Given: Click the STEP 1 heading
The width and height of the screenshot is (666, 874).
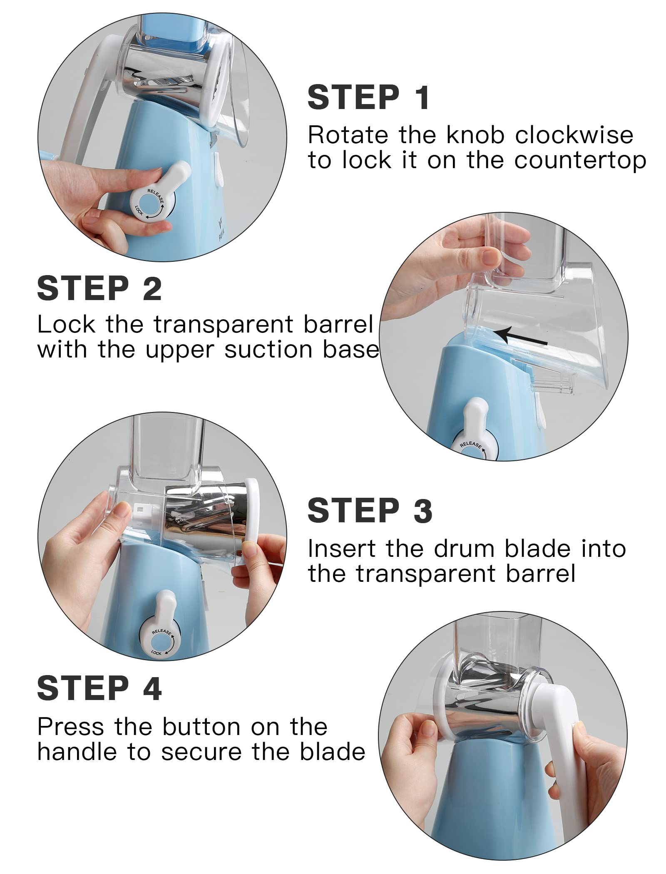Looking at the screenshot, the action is click(368, 97).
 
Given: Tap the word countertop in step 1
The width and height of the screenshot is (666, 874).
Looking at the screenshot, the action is click(580, 161).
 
